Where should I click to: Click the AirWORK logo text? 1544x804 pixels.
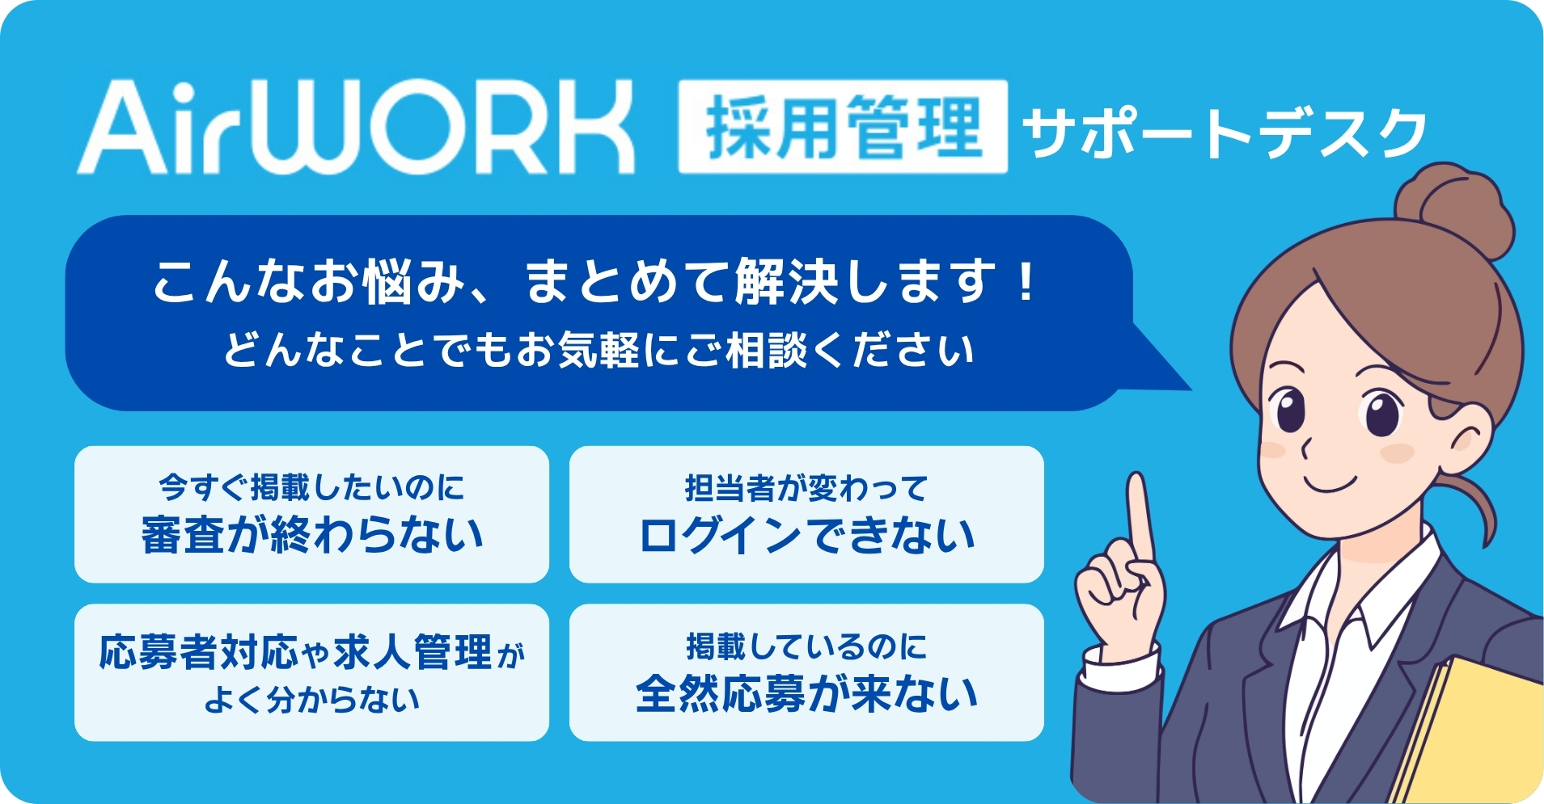pos(356,128)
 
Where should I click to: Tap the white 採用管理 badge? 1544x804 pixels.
pos(842,128)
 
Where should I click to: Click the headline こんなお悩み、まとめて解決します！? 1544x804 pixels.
pos(594,282)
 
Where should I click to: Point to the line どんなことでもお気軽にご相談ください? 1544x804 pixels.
pos(599,351)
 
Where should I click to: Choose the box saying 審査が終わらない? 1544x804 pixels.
pos(311,515)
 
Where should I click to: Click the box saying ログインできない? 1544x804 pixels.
pos(806,515)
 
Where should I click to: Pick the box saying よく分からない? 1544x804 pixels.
pos(311,672)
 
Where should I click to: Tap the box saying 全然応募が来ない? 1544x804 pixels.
pos(806,672)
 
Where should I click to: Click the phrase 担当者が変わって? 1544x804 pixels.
pos(806,488)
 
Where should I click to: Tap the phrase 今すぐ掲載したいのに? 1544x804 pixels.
pos(311,487)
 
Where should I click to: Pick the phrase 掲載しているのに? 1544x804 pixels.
pos(806,646)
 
